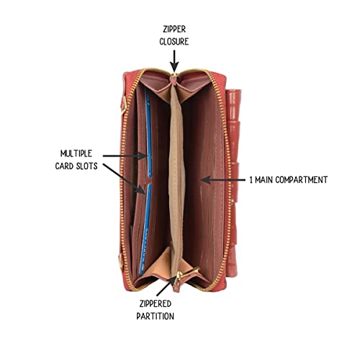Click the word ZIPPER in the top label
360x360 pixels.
174,30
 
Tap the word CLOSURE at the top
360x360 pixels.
174,42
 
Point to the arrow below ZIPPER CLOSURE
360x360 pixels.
174,60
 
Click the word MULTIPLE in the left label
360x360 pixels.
76,153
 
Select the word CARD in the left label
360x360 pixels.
64,166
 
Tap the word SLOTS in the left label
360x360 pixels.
87,166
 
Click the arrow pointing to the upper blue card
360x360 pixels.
125,156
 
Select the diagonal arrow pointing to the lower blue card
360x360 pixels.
124,179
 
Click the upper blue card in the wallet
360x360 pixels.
148,135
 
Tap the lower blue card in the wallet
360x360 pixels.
145,229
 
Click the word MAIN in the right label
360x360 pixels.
264,180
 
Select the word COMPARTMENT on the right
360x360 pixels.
302,180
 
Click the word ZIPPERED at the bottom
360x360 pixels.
156,304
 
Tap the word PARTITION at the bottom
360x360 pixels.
156,316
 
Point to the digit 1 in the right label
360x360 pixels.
251,180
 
